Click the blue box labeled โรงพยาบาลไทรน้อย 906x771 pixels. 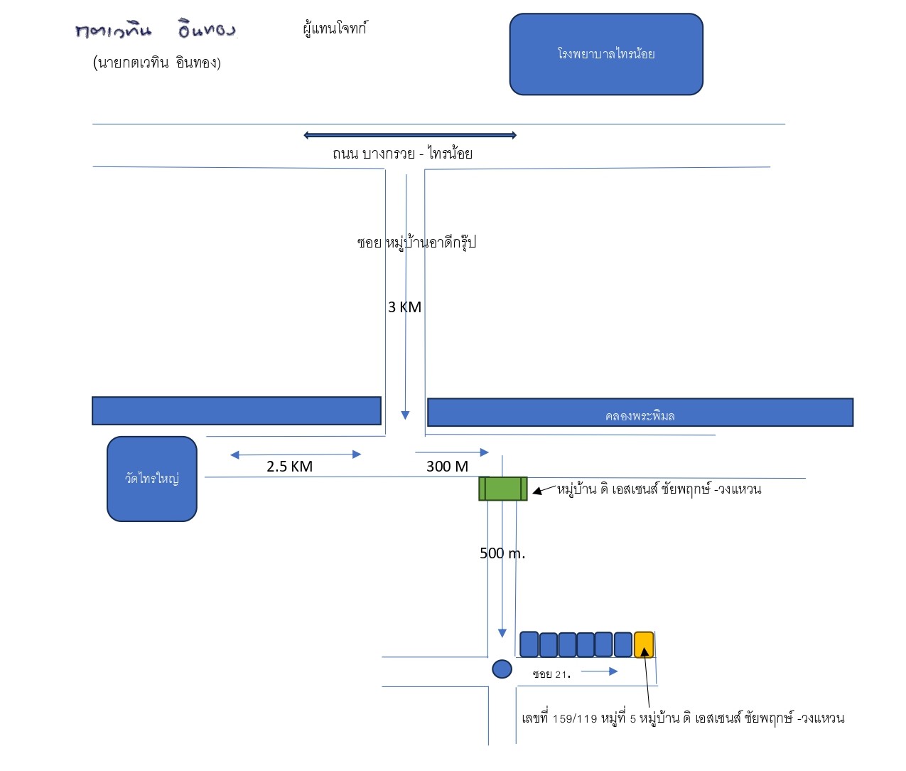coord(606,54)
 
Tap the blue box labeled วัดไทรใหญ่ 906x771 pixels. coord(151,479)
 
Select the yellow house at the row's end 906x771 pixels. coord(644,644)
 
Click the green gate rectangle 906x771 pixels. coord(503,489)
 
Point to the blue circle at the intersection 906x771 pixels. coord(502,669)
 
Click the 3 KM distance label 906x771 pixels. coord(404,307)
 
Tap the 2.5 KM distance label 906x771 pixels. coord(289,467)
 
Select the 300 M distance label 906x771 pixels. coord(447,467)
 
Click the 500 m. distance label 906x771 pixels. coord(502,553)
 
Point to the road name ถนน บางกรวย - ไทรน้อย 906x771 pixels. coord(402,154)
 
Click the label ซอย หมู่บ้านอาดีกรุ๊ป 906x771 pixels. coord(416,243)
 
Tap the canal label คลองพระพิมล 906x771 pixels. coord(640,415)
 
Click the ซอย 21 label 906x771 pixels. coord(551,674)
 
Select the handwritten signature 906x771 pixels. coord(156,29)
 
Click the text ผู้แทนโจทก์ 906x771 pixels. coord(335,28)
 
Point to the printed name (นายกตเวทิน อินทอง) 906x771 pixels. coord(157,63)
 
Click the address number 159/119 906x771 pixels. coord(575,719)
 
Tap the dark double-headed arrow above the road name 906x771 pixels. coord(410,135)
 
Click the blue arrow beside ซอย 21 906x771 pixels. coord(599,671)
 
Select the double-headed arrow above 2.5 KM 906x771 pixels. coord(296,454)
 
